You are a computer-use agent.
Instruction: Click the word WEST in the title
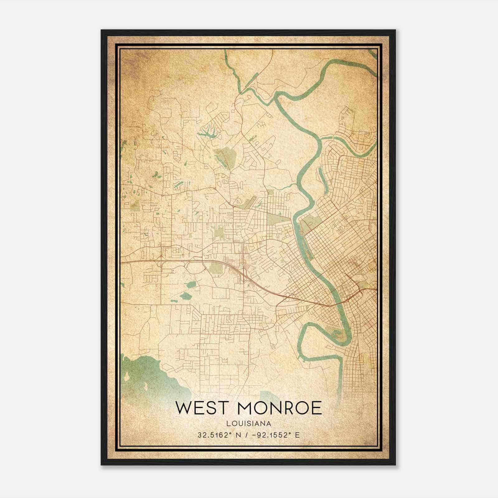pyautogui.click(x=202, y=408)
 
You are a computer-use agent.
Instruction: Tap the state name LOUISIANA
pyautogui.click(x=249, y=424)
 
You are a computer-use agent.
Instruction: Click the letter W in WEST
pyautogui.click(x=184, y=408)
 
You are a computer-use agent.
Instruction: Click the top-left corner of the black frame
pyautogui.click(x=101, y=30)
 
